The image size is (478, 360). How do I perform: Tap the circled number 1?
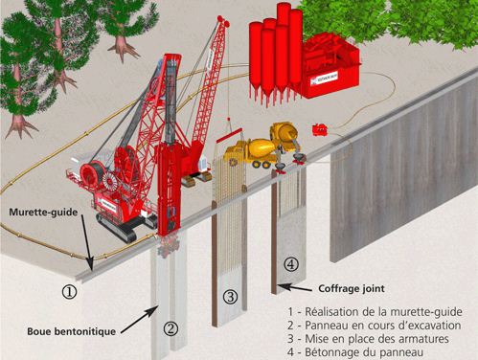click(68, 286)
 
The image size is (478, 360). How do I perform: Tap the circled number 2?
click(170, 329)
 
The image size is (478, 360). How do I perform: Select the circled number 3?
click(230, 297)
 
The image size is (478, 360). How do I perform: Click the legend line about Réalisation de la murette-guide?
click(375, 311)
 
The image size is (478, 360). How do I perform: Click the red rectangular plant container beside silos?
click(330, 66)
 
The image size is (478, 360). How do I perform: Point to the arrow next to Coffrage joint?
click(297, 286)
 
